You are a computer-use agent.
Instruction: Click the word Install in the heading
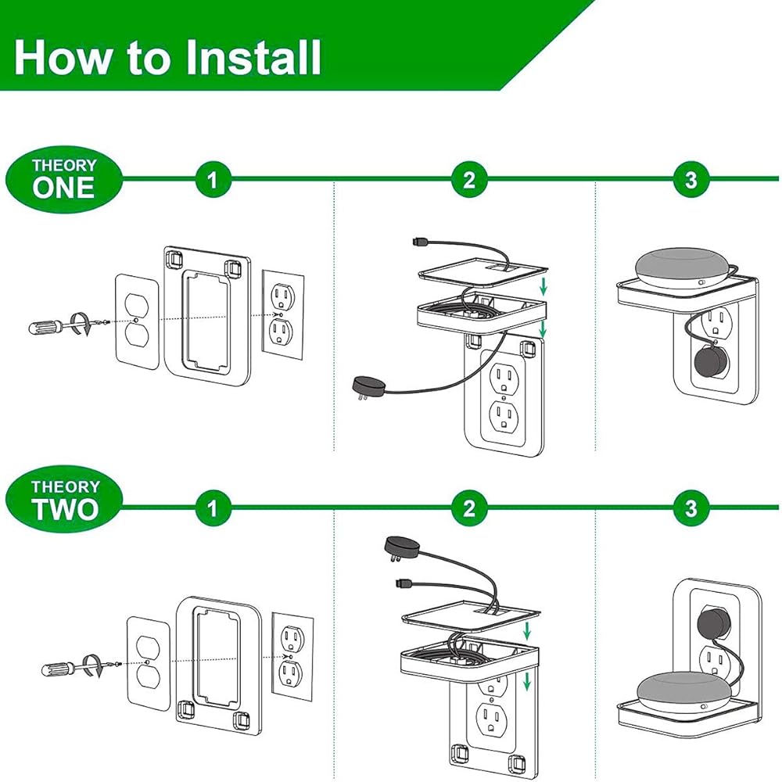pos(253,57)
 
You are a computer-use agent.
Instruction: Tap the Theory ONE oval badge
pos(64,180)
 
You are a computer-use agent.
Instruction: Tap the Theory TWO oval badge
pos(64,500)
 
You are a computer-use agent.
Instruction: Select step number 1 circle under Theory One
pos(213,180)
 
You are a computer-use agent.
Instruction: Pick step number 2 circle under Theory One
pos(469,180)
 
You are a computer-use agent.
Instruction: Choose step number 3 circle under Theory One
pos(691,180)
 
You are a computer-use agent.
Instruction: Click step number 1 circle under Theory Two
pos(213,508)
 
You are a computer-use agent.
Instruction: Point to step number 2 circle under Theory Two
pos(469,508)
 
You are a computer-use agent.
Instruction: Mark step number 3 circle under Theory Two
pos(691,508)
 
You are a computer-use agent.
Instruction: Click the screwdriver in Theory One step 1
pos(67,326)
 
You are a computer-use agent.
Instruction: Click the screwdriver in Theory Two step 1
pos(80,666)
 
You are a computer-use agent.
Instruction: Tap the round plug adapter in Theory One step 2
pos(368,387)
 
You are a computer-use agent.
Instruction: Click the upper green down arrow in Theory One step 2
pos(543,286)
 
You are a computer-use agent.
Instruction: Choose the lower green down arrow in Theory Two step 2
pos(526,681)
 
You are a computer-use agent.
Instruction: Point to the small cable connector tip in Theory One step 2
pos(418,242)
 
